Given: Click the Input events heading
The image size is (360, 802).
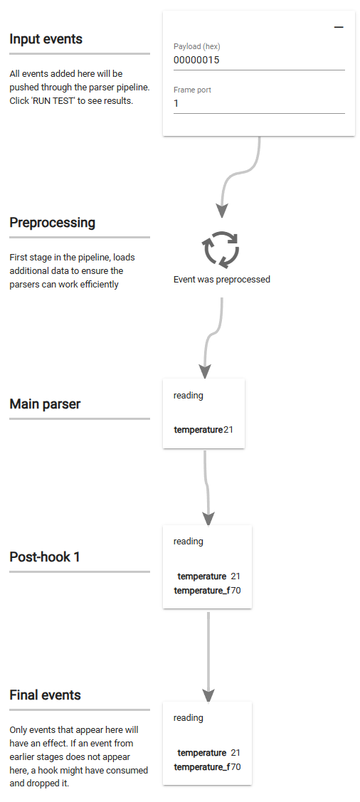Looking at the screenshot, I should pyautogui.click(x=46, y=39).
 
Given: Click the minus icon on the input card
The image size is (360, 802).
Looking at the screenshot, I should pyautogui.click(x=339, y=27).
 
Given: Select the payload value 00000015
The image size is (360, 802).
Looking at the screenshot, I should pyautogui.click(x=196, y=60).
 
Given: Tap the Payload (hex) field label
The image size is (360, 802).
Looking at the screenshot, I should pyautogui.click(x=197, y=47).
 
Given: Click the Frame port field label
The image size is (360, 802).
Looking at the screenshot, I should pyautogui.click(x=192, y=90).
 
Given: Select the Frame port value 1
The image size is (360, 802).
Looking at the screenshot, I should pyautogui.click(x=176, y=103).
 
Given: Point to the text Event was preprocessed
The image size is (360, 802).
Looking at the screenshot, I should pyautogui.click(x=221, y=280).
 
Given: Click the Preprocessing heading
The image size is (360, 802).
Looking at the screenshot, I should pyautogui.click(x=52, y=223).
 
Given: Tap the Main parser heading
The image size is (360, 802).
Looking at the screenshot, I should pyautogui.click(x=45, y=404).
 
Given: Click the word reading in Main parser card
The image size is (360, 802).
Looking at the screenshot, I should pyautogui.click(x=188, y=396).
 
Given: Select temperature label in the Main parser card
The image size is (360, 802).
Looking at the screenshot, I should pyautogui.click(x=198, y=430).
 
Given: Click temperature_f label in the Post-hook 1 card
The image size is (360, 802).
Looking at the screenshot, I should pyautogui.click(x=201, y=591).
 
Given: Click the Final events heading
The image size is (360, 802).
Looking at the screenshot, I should pyautogui.click(x=45, y=695).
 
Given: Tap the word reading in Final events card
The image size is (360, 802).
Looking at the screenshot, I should pyautogui.click(x=188, y=718).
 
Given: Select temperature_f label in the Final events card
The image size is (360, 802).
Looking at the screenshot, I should pyautogui.click(x=201, y=767).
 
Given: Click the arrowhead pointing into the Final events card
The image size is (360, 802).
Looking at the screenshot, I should pyautogui.click(x=208, y=694).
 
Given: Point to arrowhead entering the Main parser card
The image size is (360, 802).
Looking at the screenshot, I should pyautogui.click(x=205, y=371).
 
